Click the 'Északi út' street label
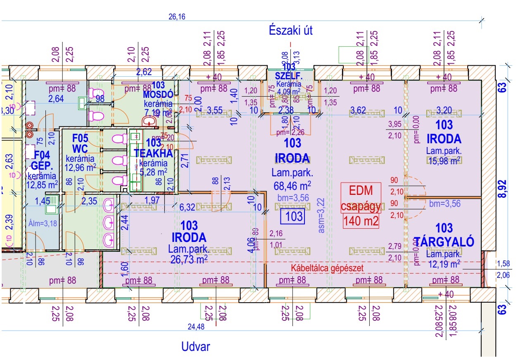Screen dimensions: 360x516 [x=290, y=30]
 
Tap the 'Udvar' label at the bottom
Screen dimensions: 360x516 [x=195, y=347]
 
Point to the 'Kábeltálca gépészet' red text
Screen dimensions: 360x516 [x=327, y=268]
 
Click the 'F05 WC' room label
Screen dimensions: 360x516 [x=80, y=143]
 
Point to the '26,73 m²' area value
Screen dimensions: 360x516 [x=188, y=258]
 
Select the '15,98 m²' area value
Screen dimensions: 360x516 [x=444, y=161]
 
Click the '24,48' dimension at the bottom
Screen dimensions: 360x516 [x=197, y=327]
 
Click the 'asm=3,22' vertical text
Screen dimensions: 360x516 [x=322, y=216]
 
